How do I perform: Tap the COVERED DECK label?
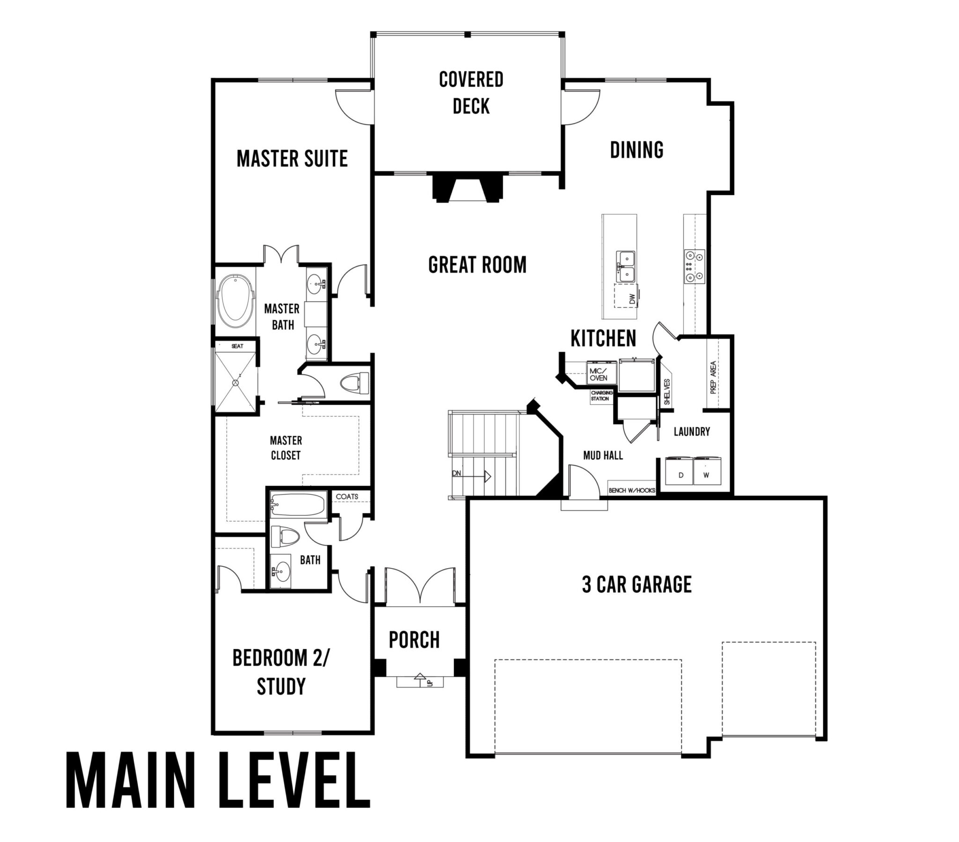click(x=471, y=93)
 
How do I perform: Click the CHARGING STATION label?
click(x=601, y=395)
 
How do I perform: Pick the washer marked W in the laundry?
click(x=706, y=471)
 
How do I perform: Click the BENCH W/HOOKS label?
click(x=632, y=490)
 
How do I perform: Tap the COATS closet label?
click(x=347, y=496)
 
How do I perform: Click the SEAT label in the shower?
click(x=237, y=346)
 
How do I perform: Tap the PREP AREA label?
click(x=713, y=377)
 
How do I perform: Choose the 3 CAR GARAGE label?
click(x=636, y=585)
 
